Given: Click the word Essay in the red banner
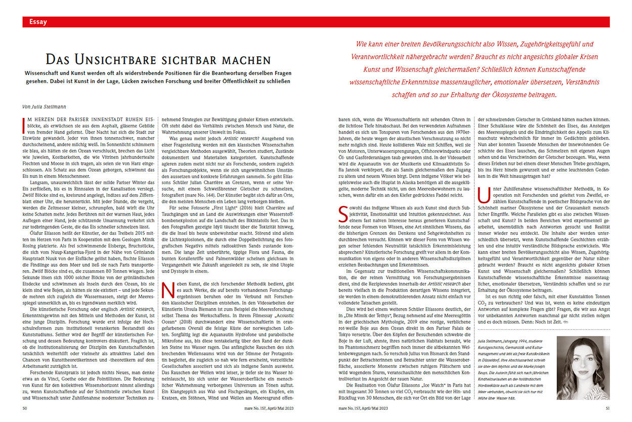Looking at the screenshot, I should [38, 22].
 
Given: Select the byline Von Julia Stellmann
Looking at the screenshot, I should [44, 107].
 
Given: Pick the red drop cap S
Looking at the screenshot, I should [342, 212].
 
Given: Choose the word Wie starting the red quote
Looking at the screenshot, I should [362, 45].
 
